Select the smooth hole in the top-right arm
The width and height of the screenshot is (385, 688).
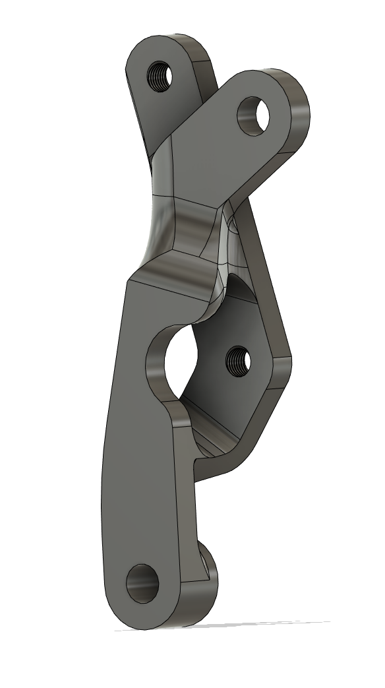pyautogui.click(x=255, y=116)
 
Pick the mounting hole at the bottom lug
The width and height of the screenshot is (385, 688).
pyautogui.click(x=143, y=582)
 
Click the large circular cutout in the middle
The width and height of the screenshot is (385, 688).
pyautogui.click(x=177, y=360)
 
